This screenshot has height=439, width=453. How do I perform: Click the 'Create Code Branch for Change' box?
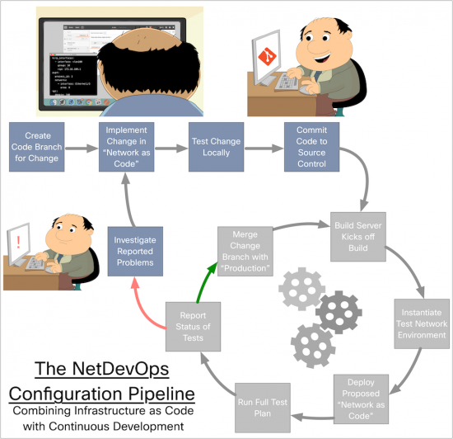(x=36, y=149)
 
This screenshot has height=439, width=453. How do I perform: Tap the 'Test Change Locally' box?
(x=215, y=149)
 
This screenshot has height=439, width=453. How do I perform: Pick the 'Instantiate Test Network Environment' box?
(x=421, y=323)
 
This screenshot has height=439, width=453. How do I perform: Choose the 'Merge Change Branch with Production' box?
(x=245, y=250)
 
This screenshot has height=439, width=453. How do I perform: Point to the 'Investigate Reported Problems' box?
(x=133, y=250)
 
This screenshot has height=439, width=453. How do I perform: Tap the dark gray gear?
(x=338, y=312)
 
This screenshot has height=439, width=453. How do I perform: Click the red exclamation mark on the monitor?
(x=16, y=243)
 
